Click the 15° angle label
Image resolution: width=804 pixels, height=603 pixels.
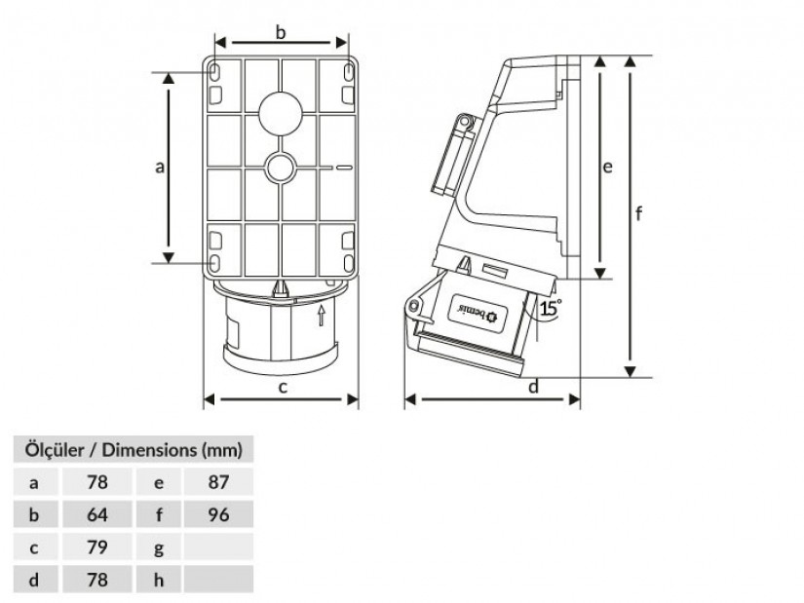(551, 308)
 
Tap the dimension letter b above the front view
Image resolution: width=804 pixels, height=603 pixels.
(281, 32)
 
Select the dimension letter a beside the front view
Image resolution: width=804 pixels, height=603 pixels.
(160, 167)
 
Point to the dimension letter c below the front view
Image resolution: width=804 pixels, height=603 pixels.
(283, 387)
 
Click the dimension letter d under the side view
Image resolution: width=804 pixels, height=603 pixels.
(533, 386)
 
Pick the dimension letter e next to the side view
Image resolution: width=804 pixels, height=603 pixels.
(607, 167)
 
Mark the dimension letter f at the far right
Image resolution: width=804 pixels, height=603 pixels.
(638, 212)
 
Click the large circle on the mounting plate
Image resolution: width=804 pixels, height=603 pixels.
(280, 113)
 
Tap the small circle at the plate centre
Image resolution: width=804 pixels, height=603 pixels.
(280, 168)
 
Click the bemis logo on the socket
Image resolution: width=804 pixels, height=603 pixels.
(478, 314)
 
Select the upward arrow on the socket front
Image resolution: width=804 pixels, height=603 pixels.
(322, 316)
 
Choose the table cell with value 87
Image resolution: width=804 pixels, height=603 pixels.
(218, 482)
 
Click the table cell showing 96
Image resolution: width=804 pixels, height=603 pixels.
(218, 514)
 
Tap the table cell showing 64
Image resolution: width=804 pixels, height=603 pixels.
(96, 514)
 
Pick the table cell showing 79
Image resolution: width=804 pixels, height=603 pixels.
(96, 547)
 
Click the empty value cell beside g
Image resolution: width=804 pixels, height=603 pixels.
(218, 547)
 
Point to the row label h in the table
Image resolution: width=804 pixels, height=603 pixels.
(159, 580)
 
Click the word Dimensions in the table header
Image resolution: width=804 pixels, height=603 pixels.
(149, 450)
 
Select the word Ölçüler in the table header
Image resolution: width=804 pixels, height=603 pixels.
(55, 450)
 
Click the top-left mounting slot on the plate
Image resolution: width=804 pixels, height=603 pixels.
(215, 72)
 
